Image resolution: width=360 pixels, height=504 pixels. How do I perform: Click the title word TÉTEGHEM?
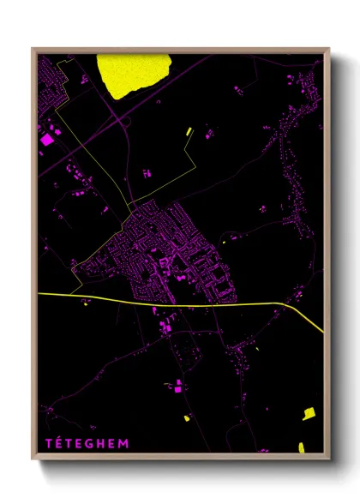pyautogui.click(x=86, y=442)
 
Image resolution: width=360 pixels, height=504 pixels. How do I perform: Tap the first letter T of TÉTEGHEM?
pyautogui.click(x=48, y=442)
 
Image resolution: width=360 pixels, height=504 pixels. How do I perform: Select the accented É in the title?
pyautogui.click(x=58, y=442)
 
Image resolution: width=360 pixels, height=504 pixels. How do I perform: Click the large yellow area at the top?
pyautogui.click(x=133, y=74)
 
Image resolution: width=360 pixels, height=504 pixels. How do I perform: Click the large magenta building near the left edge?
pyautogui.click(x=47, y=136)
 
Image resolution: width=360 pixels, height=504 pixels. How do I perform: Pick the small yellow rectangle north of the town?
pyautogui.click(x=189, y=132)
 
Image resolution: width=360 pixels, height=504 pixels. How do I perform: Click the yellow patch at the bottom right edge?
pyautogui.click(x=301, y=447)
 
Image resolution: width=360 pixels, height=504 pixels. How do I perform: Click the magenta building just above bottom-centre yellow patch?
pyautogui.click(x=178, y=388)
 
